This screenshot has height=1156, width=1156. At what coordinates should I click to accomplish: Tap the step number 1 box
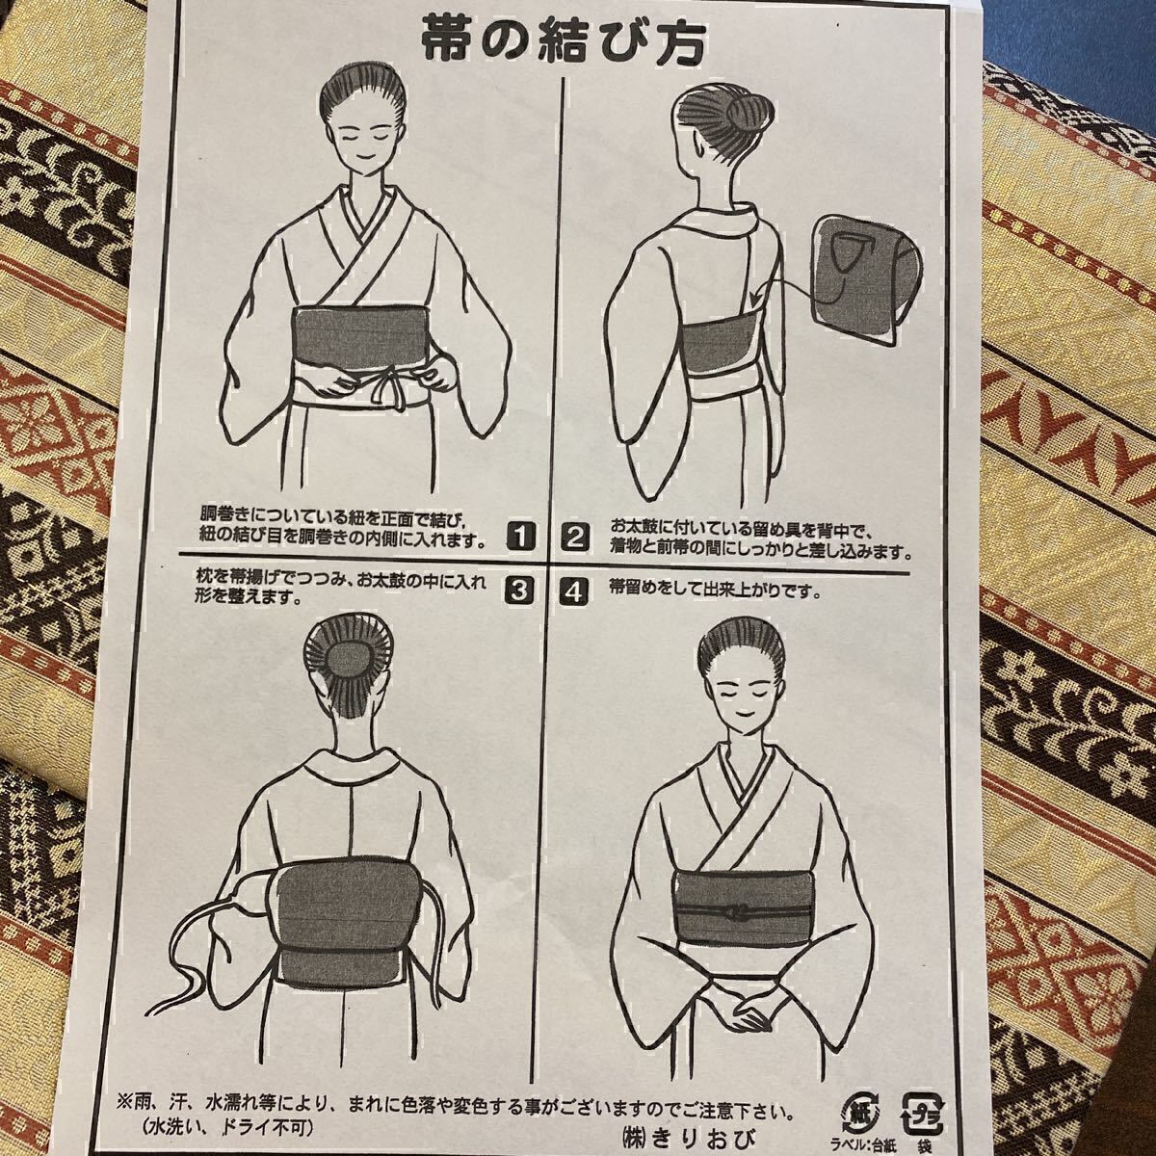pyautogui.click(x=520, y=536)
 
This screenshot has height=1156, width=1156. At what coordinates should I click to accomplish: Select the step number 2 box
pyautogui.click(x=575, y=536)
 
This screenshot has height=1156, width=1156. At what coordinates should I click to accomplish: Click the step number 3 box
pyautogui.click(x=519, y=591)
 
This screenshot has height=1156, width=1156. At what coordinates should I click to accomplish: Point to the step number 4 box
pyautogui.click(x=574, y=592)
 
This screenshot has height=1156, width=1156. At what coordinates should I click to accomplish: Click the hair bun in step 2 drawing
pyautogui.click(x=749, y=113)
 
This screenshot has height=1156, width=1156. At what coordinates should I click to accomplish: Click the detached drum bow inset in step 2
pyautogui.click(x=865, y=280)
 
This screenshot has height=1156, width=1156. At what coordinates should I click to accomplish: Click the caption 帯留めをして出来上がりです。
pyautogui.click(x=714, y=591)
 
